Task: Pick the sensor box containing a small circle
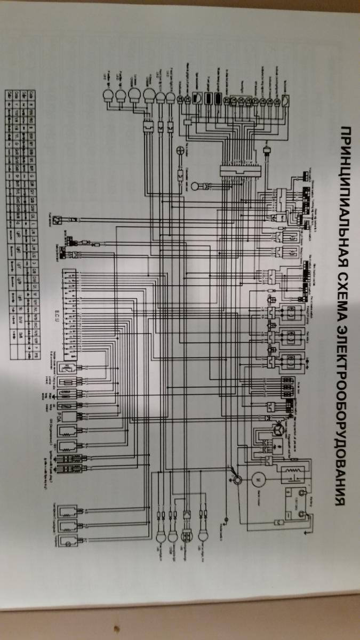[67, 541]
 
